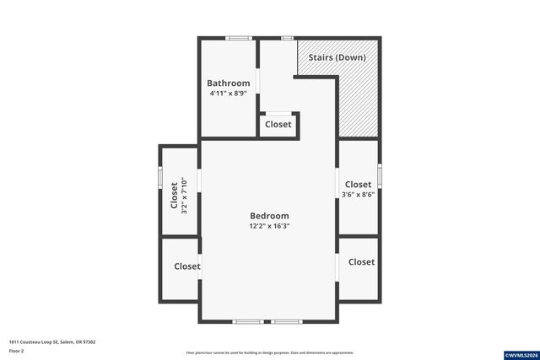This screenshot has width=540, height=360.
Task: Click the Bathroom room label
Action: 229,83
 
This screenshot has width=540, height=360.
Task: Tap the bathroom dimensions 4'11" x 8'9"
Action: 229,94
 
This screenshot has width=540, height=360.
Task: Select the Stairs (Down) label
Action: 336,57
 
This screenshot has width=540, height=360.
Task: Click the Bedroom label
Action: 269,216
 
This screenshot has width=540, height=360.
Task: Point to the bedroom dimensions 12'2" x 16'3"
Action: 269,226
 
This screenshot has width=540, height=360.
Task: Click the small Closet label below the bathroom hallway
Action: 278,124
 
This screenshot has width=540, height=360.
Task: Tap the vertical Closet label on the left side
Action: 175,196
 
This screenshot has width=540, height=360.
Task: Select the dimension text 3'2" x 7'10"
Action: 185,196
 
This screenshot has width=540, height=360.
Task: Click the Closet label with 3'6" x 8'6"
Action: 358,185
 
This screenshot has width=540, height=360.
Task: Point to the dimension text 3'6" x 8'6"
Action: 358,195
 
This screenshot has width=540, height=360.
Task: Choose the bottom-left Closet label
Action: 187,266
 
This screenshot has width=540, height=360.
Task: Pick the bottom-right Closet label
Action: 361,262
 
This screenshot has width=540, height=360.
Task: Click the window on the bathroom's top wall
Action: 238,38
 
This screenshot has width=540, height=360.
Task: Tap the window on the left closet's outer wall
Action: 160,179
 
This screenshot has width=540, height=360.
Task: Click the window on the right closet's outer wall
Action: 380,175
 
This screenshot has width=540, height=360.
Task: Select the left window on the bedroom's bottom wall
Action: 248,321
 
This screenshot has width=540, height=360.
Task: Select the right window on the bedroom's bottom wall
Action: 285,321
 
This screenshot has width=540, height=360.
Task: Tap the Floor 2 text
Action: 17,350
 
